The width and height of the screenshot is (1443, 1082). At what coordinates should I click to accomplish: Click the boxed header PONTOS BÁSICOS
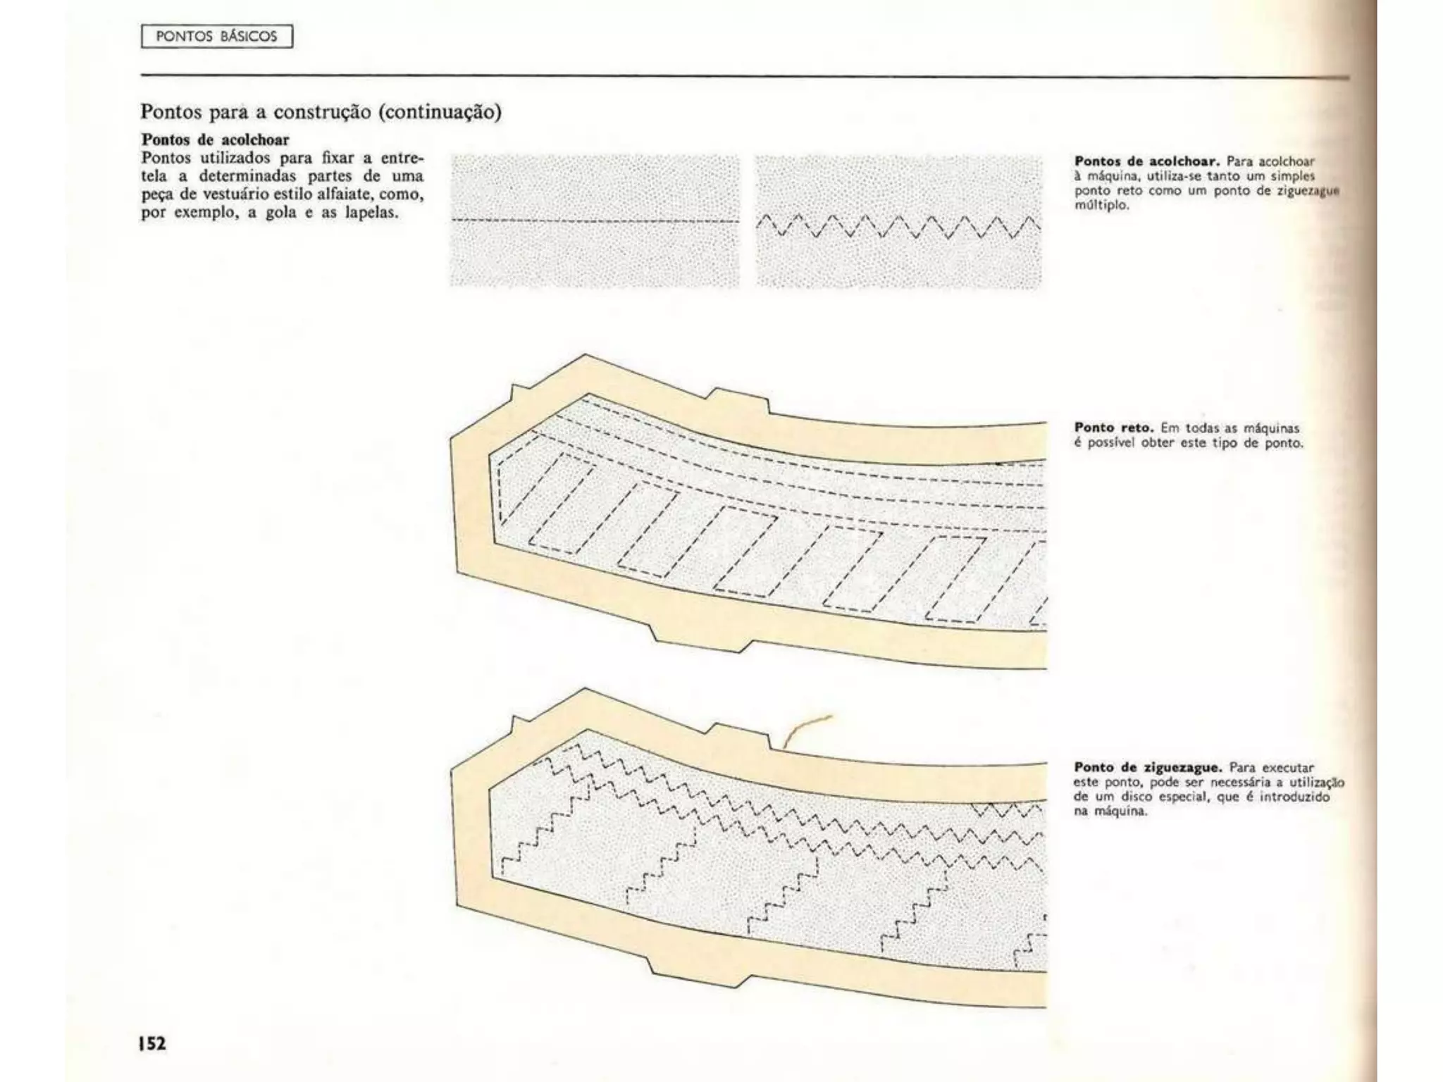(216, 37)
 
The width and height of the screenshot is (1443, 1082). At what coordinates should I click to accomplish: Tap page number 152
(152, 1043)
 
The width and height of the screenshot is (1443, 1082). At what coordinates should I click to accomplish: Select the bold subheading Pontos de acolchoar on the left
(216, 139)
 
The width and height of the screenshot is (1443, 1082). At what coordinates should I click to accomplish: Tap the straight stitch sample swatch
(595, 221)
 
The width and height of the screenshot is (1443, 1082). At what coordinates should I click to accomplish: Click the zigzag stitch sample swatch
(898, 221)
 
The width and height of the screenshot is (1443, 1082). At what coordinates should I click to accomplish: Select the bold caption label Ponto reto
(1113, 428)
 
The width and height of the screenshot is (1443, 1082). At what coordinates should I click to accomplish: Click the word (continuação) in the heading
(440, 112)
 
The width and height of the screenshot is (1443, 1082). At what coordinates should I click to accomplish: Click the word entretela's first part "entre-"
(402, 158)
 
